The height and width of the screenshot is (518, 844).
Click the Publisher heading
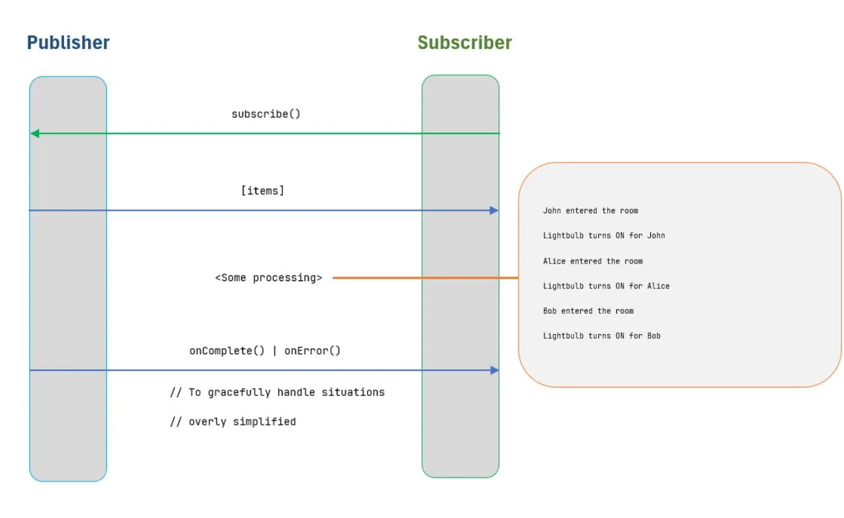68,43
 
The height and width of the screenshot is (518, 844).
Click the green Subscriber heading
464,43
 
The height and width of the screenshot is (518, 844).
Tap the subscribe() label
265,114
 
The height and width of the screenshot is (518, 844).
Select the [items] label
262,191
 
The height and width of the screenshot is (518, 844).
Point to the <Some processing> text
269,278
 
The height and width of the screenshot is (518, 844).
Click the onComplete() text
227,351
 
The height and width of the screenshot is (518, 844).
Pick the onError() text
312,351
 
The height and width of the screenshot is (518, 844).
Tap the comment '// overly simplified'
233,421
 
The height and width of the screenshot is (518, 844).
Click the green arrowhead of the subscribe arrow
35,134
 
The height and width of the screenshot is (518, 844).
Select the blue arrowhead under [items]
494,211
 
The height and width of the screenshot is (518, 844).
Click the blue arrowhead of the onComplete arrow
494,371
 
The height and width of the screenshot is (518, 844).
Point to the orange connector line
424,278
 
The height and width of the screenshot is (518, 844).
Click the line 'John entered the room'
590,211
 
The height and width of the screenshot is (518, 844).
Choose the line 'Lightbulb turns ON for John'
604,236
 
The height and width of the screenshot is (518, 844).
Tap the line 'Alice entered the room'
593,261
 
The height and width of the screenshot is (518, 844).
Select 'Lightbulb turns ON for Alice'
606,286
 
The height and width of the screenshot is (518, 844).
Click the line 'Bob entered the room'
588,311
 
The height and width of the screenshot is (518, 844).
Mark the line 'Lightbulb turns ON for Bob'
601,336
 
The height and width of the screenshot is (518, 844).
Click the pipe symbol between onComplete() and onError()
275,351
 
